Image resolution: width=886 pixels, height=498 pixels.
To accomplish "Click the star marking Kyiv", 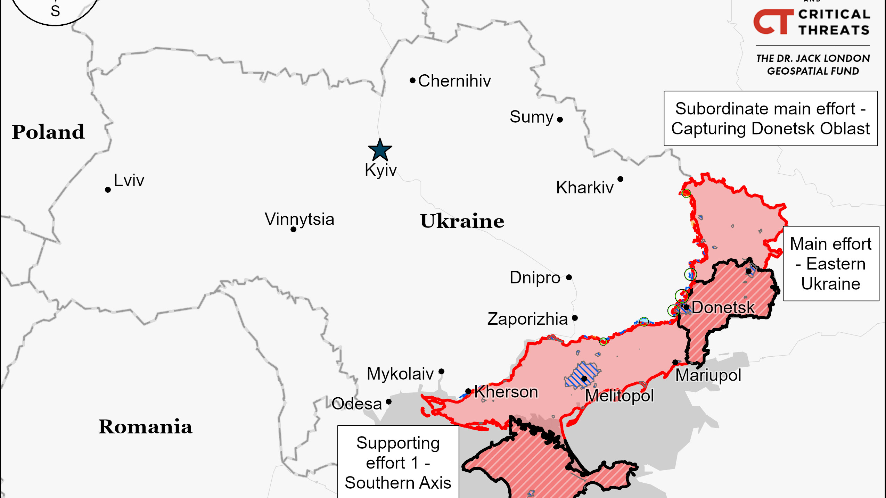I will coord(380,150).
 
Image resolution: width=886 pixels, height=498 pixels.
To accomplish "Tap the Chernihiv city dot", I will coord(412,81).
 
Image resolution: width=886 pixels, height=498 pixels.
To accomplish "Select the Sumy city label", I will coord(531,117).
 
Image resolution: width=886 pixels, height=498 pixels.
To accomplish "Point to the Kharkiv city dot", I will coord(620,179).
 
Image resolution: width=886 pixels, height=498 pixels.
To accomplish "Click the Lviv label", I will coord(129,181).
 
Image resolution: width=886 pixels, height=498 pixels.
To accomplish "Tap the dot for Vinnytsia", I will coord(293,230).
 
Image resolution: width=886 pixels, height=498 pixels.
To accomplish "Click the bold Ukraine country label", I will coord(462,221).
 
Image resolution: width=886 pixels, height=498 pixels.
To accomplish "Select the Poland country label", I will coord(48,132).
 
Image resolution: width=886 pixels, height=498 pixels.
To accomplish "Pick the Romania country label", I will coord(145,426).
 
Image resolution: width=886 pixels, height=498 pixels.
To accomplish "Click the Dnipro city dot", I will coord(569,277).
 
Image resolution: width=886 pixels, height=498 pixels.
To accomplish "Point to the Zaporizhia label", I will coord(527,319).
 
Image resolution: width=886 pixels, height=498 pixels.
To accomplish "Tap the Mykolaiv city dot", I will coord(441,371).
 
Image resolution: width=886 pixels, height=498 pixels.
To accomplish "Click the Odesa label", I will coord(356,404).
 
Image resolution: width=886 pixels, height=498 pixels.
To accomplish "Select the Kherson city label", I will coord(506,392).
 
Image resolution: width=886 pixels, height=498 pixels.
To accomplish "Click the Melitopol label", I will coord(619,396).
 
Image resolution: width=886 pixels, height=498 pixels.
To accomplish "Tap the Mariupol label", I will coord(708,375).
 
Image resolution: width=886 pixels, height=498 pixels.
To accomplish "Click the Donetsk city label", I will coord(723,307).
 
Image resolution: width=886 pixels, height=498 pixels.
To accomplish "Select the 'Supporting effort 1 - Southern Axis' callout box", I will coord(398,462).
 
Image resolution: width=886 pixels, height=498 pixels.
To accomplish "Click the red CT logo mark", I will coord(773,22).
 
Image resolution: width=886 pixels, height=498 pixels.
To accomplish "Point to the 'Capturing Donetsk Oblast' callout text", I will coord(770,128).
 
